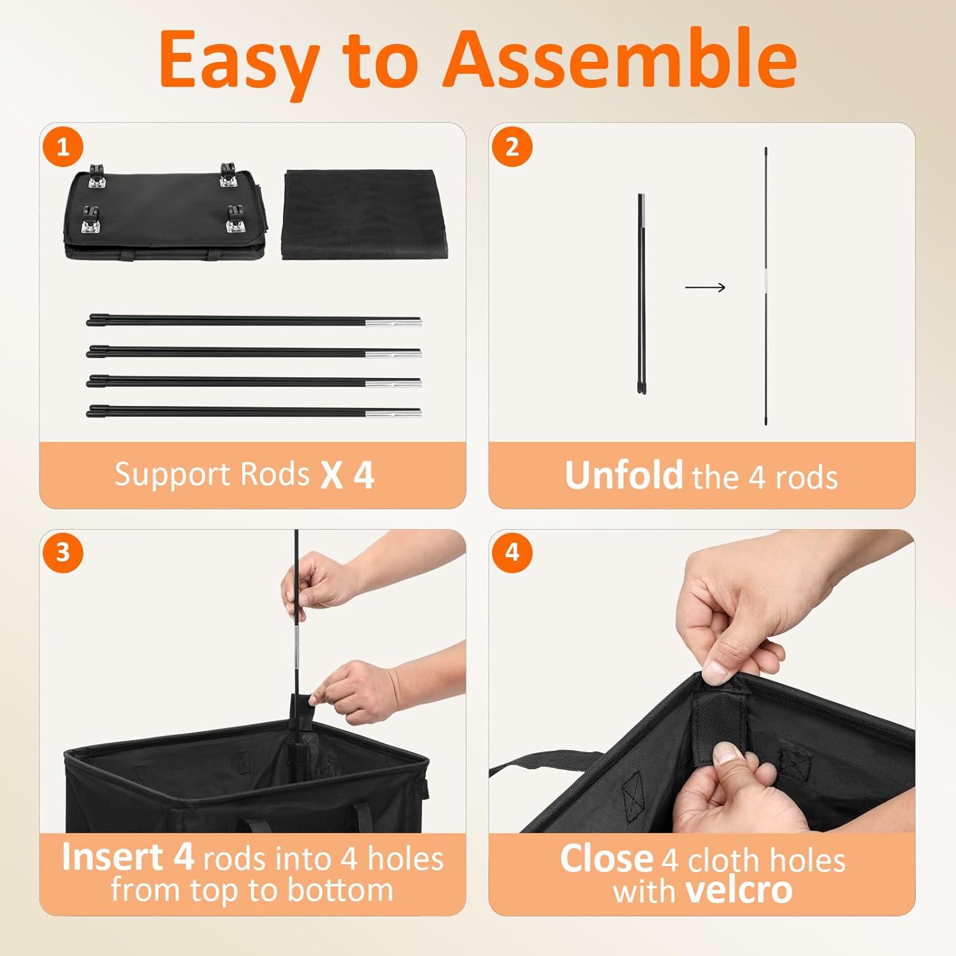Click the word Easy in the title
[x=239, y=61]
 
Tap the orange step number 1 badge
[x=63, y=147]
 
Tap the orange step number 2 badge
[x=512, y=147]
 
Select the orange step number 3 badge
[x=63, y=552]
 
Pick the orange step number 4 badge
[x=512, y=552]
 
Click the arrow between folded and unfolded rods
[x=705, y=287]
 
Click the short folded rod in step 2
[x=641, y=293]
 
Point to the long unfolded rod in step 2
[x=765, y=287]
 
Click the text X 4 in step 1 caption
[x=347, y=475]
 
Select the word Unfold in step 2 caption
[x=623, y=475]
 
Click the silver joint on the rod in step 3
[x=296, y=650]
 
